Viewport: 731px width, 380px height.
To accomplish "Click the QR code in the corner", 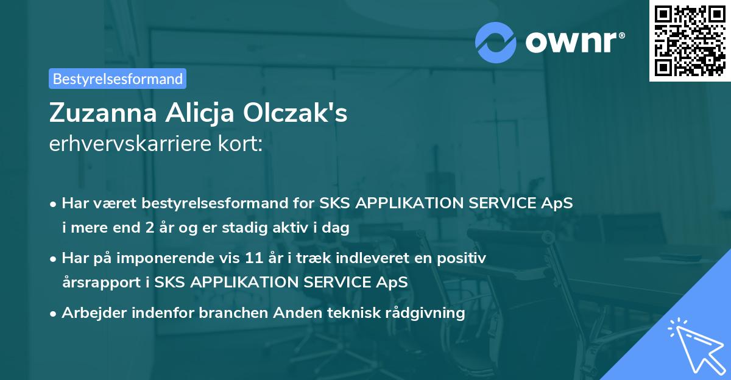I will [690, 40].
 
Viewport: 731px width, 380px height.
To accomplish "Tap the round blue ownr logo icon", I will [495, 41].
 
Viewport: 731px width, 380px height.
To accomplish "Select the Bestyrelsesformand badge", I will [118, 79].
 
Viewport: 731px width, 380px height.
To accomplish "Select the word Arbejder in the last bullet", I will [90, 313].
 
